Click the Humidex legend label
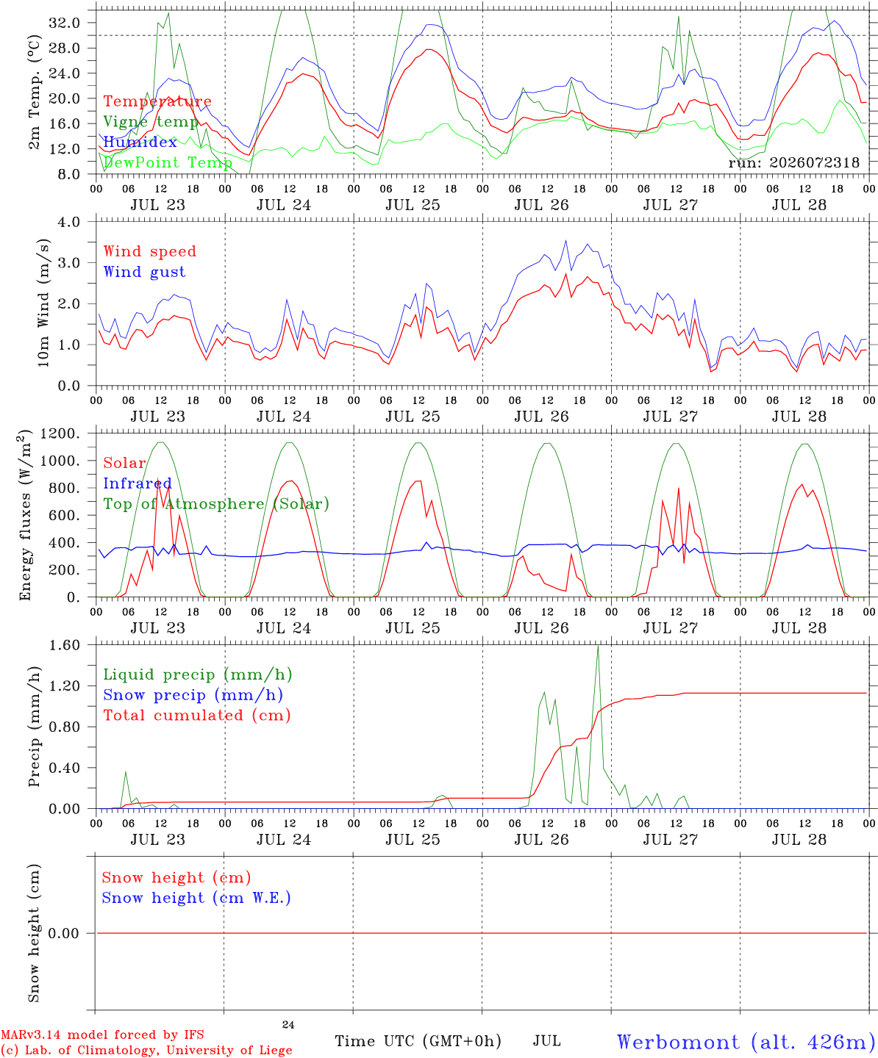(140, 142)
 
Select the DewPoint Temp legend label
(168, 162)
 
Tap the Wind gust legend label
(145, 272)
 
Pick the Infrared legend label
(138, 483)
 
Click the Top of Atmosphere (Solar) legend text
(217, 504)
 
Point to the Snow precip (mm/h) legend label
(193, 695)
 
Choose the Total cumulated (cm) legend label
(197, 715)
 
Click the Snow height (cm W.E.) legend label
(196, 897)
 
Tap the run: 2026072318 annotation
(793, 162)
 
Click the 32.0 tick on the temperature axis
(65, 23)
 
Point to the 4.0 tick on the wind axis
(68, 222)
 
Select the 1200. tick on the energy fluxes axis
(60, 433)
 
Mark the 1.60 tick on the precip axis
(65, 645)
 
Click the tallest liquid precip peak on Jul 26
(598, 646)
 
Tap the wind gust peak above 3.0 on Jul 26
(566, 241)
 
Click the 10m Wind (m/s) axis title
(43, 303)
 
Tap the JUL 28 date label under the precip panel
(799, 839)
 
